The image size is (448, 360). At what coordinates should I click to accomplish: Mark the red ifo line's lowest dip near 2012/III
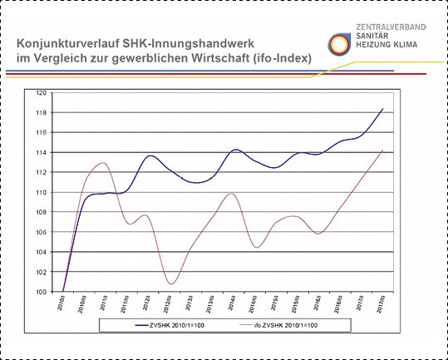(x=171, y=284)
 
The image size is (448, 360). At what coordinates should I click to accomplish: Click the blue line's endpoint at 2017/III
(x=382, y=109)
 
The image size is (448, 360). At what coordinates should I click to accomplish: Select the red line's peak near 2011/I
(x=102, y=163)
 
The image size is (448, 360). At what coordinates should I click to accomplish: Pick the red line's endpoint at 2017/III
(x=382, y=150)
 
